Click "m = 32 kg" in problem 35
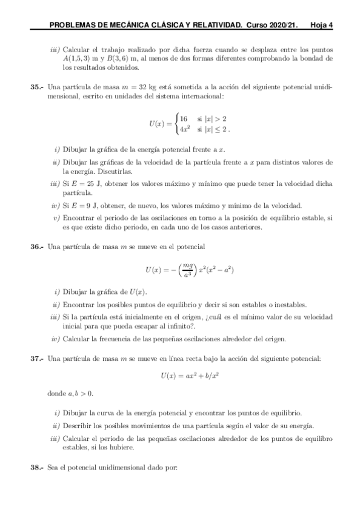click(x=152, y=87)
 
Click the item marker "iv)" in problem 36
click(x=56, y=339)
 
